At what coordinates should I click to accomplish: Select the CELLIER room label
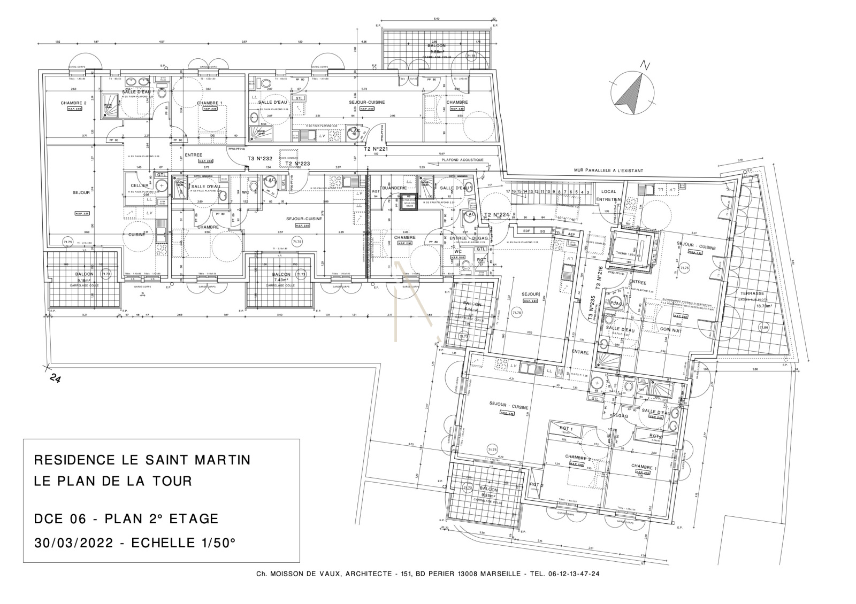coord(139,185)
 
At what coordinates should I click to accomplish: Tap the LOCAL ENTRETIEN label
coord(609,195)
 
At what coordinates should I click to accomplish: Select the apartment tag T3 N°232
coord(259,159)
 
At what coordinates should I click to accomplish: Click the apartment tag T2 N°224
coord(495,215)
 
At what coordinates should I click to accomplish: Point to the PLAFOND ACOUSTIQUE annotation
coord(462,160)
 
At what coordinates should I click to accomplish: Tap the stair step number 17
coord(508,191)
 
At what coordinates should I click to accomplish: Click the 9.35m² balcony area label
coord(488,495)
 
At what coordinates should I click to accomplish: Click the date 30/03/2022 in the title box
coord(73,543)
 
